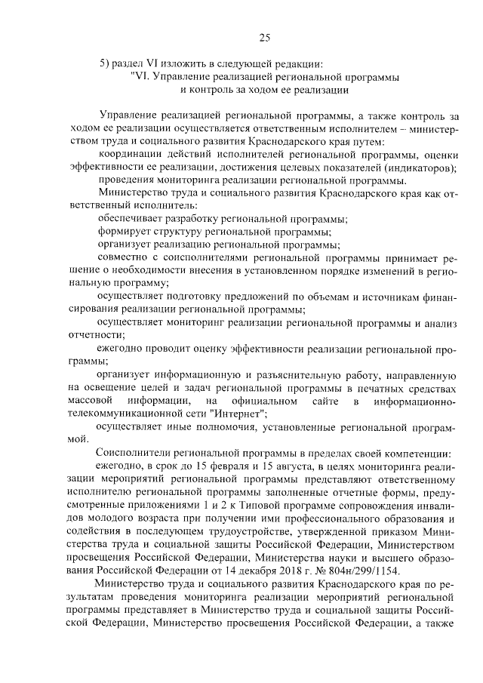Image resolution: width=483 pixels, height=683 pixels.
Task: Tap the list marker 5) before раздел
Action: pyautogui.click(x=106, y=63)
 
